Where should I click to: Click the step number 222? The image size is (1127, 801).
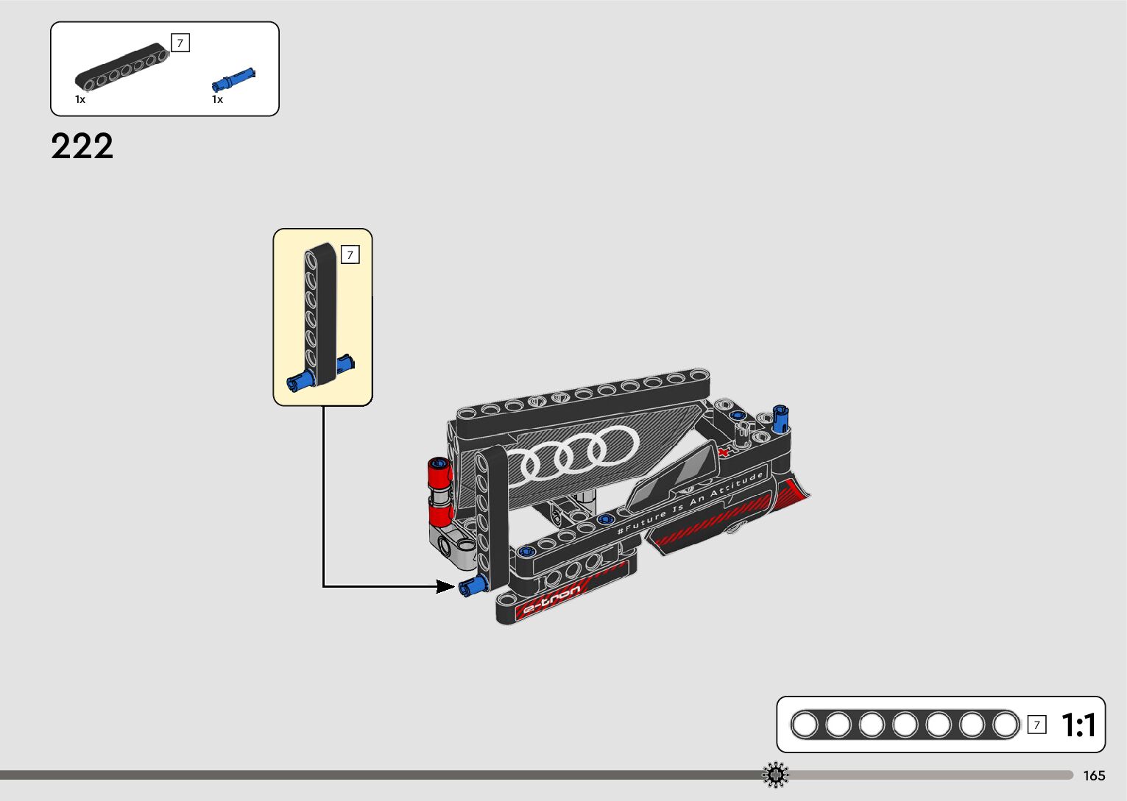pyautogui.click(x=82, y=146)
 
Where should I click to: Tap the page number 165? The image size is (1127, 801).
pyautogui.click(x=1094, y=776)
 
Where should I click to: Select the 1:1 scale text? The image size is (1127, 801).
pyautogui.click(x=1078, y=725)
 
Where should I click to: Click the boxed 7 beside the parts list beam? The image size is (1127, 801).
pyautogui.click(x=180, y=43)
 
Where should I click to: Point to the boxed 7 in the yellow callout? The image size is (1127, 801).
pyautogui.click(x=350, y=255)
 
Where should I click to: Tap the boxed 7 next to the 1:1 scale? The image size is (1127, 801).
pyautogui.click(x=1036, y=725)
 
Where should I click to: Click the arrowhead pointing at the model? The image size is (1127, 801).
pyautogui.click(x=446, y=586)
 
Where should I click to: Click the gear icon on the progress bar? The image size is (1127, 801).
pyautogui.click(x=776, y=775)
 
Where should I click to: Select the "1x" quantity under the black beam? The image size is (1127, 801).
pyautogui.click(x=80, y=99)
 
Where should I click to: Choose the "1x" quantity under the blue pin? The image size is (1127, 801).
pyautogui.click(x=217, y=99)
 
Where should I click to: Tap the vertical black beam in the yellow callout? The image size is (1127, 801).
pyautogui.click(x=321, y=309)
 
